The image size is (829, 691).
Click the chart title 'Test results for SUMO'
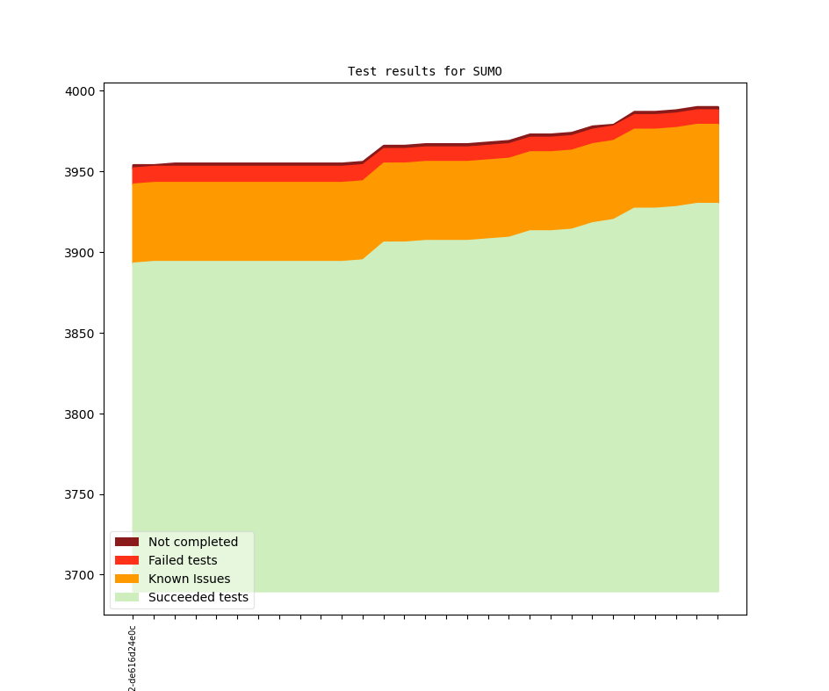click(x=424, y=71)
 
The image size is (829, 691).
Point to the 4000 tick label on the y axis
click(x=82, y=91)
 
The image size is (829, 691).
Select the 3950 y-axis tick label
click(x=82, y=172)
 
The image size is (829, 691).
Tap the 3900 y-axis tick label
click(x=82, y=253)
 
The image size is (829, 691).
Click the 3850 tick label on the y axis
click(x=82, y=334)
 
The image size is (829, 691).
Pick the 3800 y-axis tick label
click(x=82, y=414)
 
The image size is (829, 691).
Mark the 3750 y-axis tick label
click(x=82, y=495)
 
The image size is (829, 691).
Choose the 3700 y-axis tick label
click(x=82, y=576)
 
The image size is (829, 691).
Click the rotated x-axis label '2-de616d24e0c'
click(x=133, y=659)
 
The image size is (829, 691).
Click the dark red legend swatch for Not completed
click(x=126, y=542)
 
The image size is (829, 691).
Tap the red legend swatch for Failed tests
click(x=126, y=560)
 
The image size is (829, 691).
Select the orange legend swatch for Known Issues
click(x=126, y=579)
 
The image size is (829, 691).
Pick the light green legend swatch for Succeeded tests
click(x=126, y=597)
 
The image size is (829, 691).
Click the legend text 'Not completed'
click(x=192, y=542)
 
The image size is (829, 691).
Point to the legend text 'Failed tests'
click(x=183, y=560)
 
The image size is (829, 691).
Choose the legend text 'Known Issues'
click(x=189, y=579)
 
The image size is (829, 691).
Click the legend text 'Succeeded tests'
click(x=198, y=597)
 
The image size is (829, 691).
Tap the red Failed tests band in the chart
click(x=263, y=173)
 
